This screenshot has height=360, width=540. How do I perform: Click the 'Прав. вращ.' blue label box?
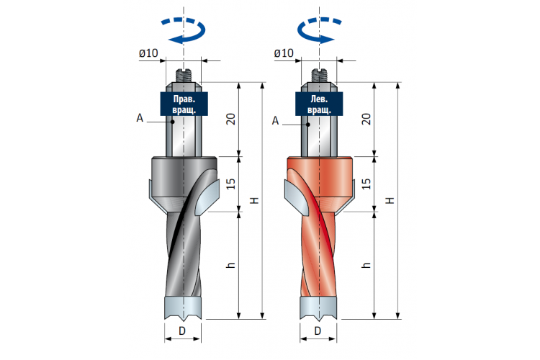pyautogui.click(x=184, y=104)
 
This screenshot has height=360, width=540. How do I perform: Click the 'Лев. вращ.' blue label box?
pyautogui.click(x=319, y=104)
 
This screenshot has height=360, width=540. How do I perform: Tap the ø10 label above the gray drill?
pyautogui.click(x=148, y=53)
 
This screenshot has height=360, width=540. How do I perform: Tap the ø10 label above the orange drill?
pyautogui.click(x=284, y=53)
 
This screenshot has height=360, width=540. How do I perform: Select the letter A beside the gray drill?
pyautogui.click(x=140, y=118)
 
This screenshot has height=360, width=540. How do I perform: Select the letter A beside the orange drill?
pyautogui.click(x=275, y=121)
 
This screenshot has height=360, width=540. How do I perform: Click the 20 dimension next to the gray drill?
pyautogui.click(x=230, y=119)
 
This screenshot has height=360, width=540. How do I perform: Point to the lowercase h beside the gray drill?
pyautogui.click(x=230, y=265)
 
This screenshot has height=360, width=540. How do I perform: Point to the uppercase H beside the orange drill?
pyautogui.click(x=390, y=200)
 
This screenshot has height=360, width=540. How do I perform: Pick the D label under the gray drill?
pyautogui.click(x=182, y=331)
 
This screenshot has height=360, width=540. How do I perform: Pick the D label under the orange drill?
pyautogui.click(x=318, y=331)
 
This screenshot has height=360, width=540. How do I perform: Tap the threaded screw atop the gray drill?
pyautogui.click(x=184, y=76)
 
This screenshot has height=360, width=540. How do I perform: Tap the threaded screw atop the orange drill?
pyautogui.click(x=319, y=76)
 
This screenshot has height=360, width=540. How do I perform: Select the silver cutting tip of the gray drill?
pyautogui.click(x=183, y=307)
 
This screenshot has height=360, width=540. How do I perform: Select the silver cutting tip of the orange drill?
pyautogui.click(x=318, y=307)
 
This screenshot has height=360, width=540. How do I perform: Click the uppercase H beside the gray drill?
pyautogui.click(x=254, y=200)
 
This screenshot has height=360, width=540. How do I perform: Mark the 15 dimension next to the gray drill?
pyautogui.click(x=230, y=184)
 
